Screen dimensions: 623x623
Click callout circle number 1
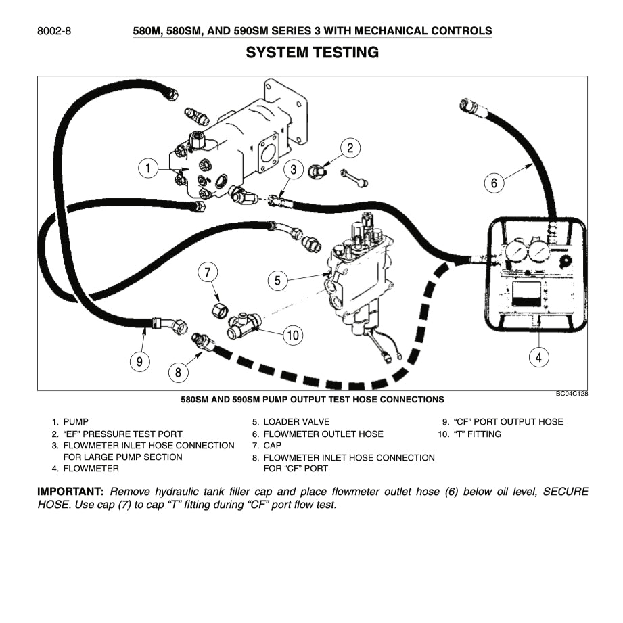(x=147, y=168)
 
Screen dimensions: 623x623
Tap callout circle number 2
(x=350, y=148)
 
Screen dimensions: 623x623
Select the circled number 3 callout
(x=293, y=169)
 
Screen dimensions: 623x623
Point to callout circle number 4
(x=538, y=357)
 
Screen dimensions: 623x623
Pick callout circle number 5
(x=277, y=279)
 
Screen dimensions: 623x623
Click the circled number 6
(x=494, y=182)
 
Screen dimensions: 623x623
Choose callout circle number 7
(x=208, y=273)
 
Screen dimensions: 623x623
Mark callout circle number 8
(x=178, y=371)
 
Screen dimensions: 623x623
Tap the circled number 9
(x=139, y=361)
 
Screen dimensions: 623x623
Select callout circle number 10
(x=292, y=334)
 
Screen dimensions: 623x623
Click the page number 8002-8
(x=55, y=31)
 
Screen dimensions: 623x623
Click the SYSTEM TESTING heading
(x=312, y=52)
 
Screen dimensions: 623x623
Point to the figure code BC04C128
(x=572, y=394)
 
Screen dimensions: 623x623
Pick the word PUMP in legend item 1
(x=76, y=422)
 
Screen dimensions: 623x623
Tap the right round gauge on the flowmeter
(x=539, y=252)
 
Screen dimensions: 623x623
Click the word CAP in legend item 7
(x=273, y=446)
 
